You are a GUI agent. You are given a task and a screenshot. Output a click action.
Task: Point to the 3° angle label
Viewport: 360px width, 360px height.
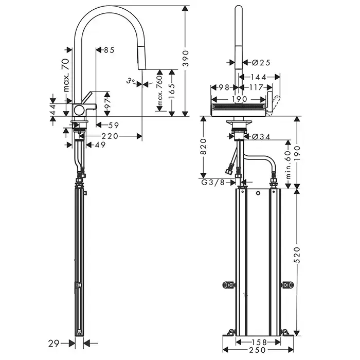coord(132,80)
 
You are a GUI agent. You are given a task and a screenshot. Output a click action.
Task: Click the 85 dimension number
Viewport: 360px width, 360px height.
coord(108,50)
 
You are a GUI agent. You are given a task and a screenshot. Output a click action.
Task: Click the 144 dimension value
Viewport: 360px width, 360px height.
coord(260,77)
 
